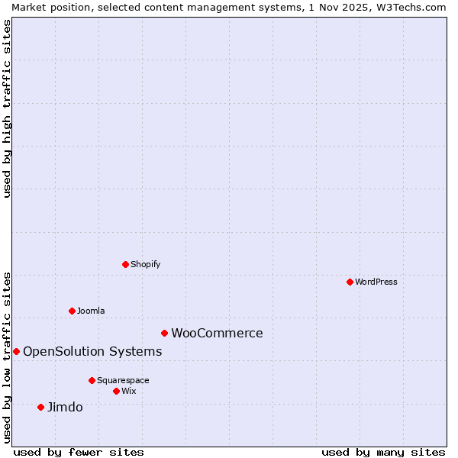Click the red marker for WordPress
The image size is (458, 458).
tap(350, 282)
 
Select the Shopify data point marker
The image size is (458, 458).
tap(125, 264)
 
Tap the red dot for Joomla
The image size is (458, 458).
tap(72, 311)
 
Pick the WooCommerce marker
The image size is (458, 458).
tap(164, 333)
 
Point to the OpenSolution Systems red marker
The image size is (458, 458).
tap(16, 351)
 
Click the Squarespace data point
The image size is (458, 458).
tap(92, 380)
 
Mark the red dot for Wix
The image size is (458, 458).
tap(116, 391)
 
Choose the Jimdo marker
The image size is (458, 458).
tap(40, 407)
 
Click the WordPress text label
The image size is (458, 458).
tap(376, 282)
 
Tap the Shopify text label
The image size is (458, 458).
tap(145, 264)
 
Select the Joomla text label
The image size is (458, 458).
tap(91, 311)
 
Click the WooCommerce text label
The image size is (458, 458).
tap(217, 333)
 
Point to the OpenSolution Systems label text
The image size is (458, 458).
tap(92, 351)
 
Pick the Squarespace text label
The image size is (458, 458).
tap(123, 380)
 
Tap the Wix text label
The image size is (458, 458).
tap(128, 391)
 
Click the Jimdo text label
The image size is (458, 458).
tap(65, 407)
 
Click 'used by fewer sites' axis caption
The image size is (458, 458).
tap(79, 452)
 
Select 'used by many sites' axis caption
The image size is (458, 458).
tap(383, 452)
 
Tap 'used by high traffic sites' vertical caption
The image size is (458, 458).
tap(7, 108)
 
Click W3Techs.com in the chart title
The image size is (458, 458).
tap(410, 7)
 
